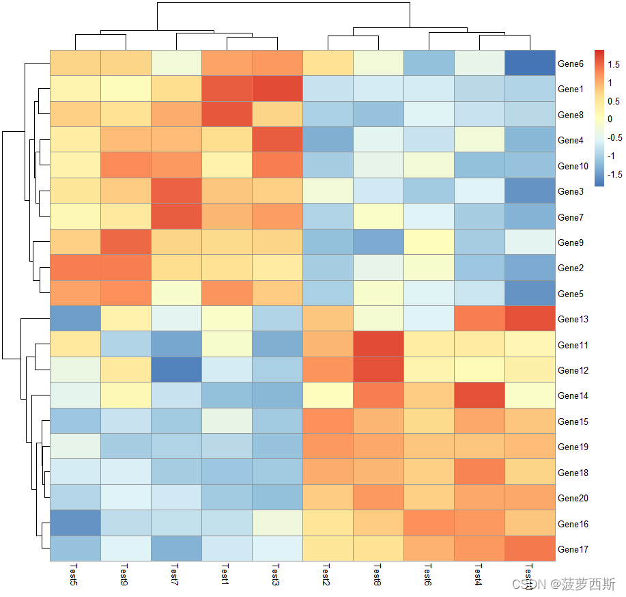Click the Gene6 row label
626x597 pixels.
click(x=571, y=64)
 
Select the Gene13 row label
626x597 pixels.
click(x=573, y=319)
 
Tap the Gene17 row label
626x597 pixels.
click(x=573, y=549)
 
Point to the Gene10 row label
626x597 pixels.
click(x=573, y=166)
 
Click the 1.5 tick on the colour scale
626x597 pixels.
click(x=613, y=65)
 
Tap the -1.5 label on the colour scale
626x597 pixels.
click(x=615, y=173)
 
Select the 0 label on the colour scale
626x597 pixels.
click(x=610, y=119)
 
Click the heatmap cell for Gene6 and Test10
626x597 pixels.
click(x=530, y=63)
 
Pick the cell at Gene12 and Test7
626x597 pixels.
click(x=176, y=370)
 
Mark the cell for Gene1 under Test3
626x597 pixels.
click(x=277, y=88)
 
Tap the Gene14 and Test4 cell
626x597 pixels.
click(x=479, y=395)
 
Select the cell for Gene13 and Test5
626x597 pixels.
click(x=75, y=319)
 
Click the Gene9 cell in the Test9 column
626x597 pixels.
click(x=126, y=242)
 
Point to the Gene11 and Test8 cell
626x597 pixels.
click(x=378, y=344)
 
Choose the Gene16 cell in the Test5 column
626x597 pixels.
click(x=75, y=523)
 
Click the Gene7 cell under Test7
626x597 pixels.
click(x=176, y=217)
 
